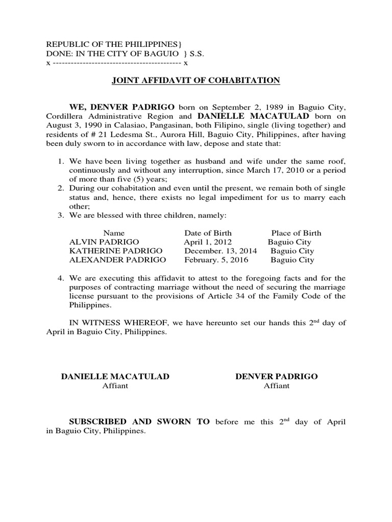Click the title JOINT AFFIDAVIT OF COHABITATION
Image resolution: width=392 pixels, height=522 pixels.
pyautogui.click(x=196, y=80)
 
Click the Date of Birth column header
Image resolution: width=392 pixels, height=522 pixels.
pyautogui.click(x=208, y=233)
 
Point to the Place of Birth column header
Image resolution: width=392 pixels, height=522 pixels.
pyautogui.click(x=296, y=233)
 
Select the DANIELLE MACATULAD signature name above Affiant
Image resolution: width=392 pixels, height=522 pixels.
pyautogui.click(x=115, y=376)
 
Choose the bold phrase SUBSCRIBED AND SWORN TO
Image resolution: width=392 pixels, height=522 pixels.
pyautogui.click(x=139, y=422)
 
